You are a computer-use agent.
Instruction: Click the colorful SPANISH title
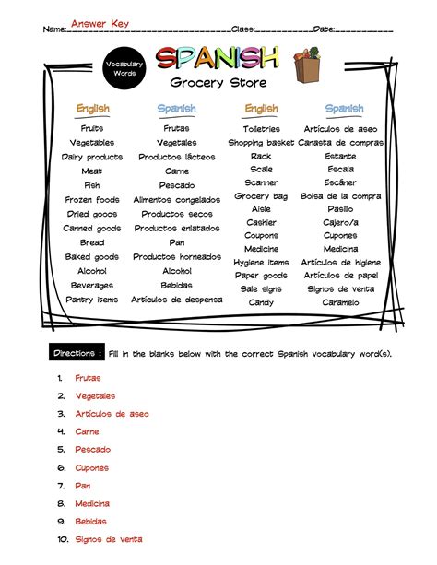pos(217,59)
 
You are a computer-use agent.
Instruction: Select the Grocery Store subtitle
pos(218,85)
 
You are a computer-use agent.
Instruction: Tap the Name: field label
pos(54,29)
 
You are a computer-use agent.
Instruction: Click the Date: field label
pos(324,29)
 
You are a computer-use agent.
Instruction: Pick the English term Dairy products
pos(92,157)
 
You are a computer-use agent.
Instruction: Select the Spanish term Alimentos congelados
pos(177,200)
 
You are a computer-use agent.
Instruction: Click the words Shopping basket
pos(261,143)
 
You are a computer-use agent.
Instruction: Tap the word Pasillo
pos(340,209)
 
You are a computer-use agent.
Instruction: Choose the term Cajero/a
pos(340,222)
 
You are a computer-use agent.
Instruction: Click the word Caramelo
pos(340,302)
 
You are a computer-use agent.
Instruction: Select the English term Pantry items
pos(92,300)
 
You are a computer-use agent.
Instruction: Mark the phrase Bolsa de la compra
pos(340,196)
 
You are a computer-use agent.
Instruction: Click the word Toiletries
pos(261,129)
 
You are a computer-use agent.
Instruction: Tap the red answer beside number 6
pos(92,467)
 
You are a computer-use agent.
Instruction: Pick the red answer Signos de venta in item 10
pos(109,539)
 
